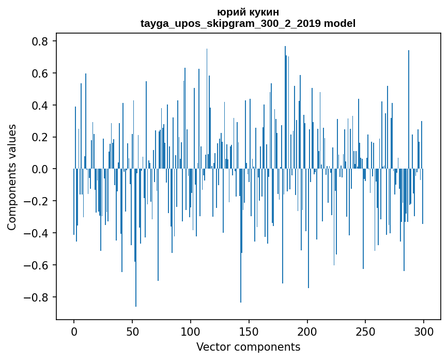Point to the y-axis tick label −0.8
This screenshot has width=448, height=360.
point(39,297)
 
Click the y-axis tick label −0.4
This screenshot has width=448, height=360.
point(39,233)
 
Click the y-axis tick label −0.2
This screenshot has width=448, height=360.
point(39,201)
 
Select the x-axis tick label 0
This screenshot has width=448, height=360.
point(74,331)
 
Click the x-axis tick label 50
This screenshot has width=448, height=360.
point(132,331)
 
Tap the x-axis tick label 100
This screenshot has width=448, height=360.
point(191,331)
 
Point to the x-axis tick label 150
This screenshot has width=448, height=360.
point(249,331)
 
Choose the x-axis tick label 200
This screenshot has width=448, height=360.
point(307,331)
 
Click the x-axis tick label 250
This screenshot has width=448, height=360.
point(366,331)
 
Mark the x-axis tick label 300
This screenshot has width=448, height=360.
point(424,331)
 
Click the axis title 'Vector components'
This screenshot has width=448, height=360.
point(248,347)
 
